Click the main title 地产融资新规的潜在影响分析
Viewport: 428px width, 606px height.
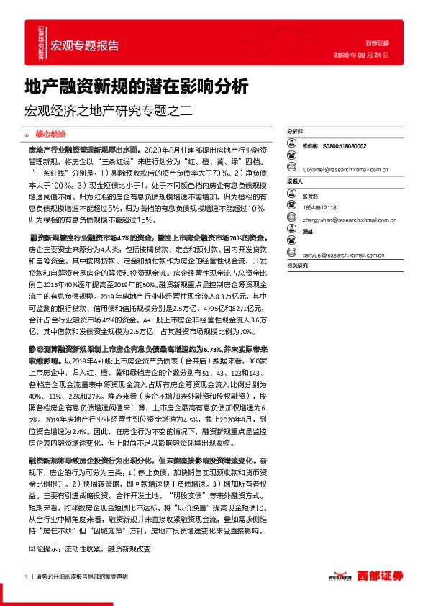(136, 87)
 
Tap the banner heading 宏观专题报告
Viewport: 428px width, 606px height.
(85, 45)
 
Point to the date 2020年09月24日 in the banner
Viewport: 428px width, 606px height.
(361, 55)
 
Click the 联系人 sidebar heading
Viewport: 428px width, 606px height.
(295, 182)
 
